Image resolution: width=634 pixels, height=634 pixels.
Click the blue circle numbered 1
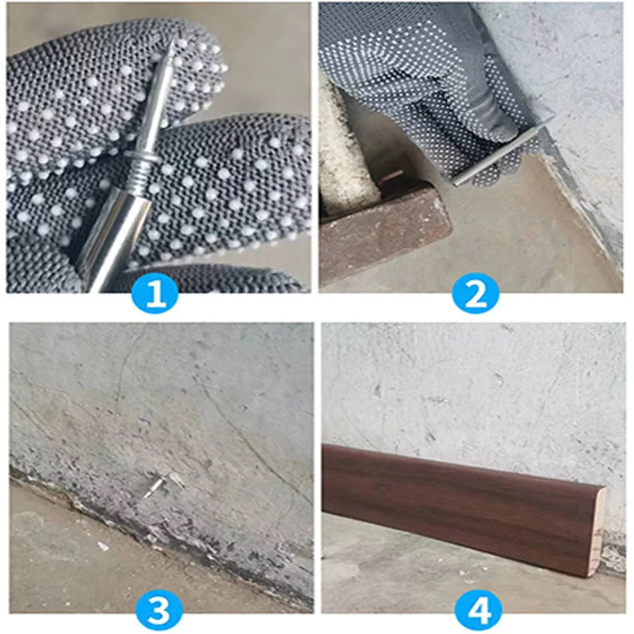[x=156, y=295]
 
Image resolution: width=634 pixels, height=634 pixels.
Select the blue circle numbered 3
[x=158, y=610]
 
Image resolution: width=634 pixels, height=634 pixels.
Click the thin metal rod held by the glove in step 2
[x=499, y=151]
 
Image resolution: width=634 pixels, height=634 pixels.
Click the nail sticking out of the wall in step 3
[x=155, y=481]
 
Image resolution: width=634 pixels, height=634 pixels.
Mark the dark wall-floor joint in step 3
[x=119, y=515]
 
